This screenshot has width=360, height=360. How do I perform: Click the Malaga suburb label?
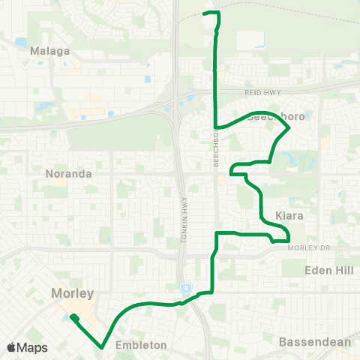[51, 52]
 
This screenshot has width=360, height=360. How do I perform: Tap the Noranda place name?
[68, 173]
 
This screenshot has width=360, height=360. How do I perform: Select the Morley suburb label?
[72, 292]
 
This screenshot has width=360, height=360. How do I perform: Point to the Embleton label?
[141, 345]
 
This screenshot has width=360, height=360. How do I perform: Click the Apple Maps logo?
[27, 347]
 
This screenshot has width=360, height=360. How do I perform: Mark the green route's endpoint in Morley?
[73, 317]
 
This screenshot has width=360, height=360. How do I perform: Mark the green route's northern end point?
[206, 13]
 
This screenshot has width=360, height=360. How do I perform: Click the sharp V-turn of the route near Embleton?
[102, 346]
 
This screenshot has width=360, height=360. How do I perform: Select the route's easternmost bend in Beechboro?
[289, 129]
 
